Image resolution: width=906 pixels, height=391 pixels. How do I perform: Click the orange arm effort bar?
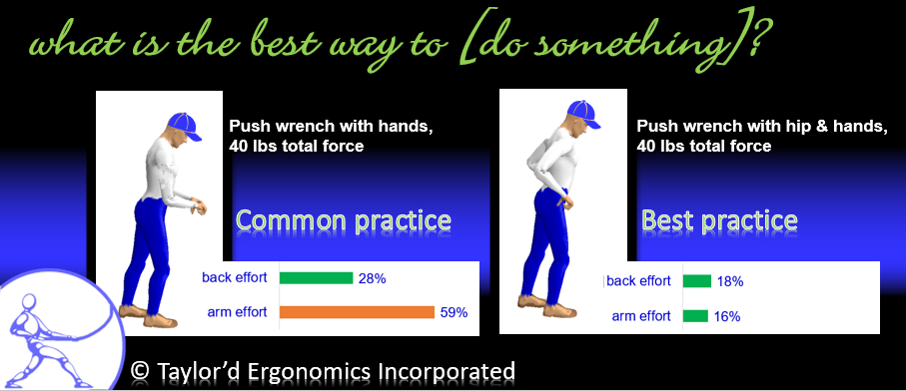357,312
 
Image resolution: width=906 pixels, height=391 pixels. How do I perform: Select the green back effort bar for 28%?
316,278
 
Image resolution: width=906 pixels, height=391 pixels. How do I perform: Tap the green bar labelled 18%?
697,281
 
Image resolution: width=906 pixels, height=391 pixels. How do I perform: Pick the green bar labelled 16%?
695,316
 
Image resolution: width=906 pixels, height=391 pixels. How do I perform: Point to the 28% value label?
372,278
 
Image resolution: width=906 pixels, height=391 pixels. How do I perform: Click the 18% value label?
729,281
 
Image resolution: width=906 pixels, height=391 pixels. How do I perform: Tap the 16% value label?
726,316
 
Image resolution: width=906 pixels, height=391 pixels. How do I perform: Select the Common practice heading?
344,221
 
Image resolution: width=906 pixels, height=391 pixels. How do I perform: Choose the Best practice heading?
719,220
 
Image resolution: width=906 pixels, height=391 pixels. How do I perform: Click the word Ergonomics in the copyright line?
315,371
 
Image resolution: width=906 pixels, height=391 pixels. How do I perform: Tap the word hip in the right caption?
785,128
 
